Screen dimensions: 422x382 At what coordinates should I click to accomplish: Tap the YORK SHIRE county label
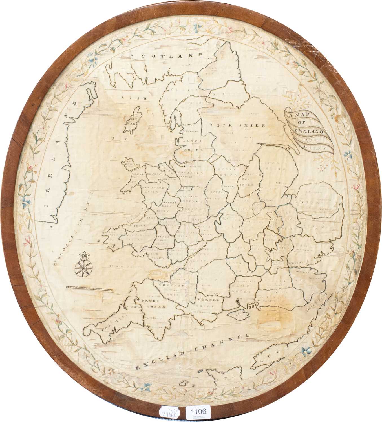pyautogui.click(x=237, y=125)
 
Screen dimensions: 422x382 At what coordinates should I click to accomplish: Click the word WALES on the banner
pyautogui.click(x=318, y=147)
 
